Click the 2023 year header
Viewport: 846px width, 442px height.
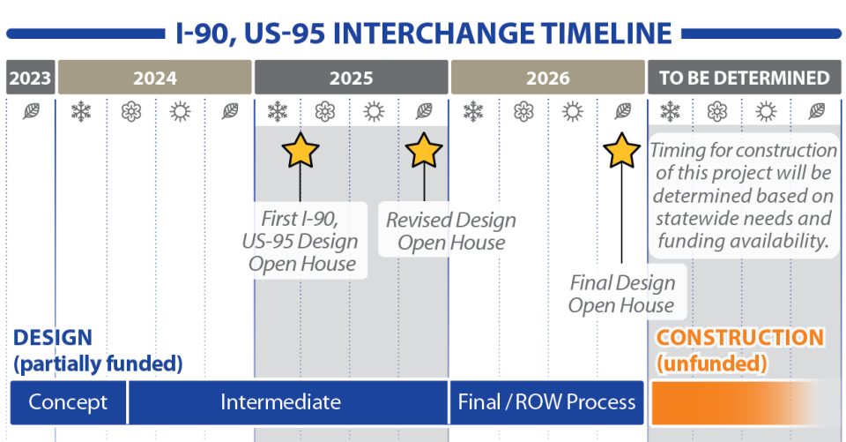(30, 78)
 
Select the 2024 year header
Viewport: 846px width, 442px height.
(154, 78)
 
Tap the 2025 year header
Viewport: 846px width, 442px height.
(351, 78)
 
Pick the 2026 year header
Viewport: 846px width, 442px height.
(547, 78)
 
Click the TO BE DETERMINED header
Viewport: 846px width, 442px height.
(745, 78)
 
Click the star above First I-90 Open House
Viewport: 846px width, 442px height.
(301, 151)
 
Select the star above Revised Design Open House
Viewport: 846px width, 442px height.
(424, 151)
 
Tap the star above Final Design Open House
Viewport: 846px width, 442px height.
(622, 151)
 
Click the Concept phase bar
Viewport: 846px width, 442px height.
(68, 403)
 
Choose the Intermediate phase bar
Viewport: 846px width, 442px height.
(280, 403)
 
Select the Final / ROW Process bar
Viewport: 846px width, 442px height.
(546, 403)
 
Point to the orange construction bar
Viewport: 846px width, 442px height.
(731, 403)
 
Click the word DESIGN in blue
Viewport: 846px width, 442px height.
(52, 338)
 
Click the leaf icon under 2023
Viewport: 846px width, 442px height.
(31, 111)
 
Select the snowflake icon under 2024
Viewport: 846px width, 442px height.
(81, 111)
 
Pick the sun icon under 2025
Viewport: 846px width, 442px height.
(375, 111)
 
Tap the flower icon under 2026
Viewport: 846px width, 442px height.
(523, 111)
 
